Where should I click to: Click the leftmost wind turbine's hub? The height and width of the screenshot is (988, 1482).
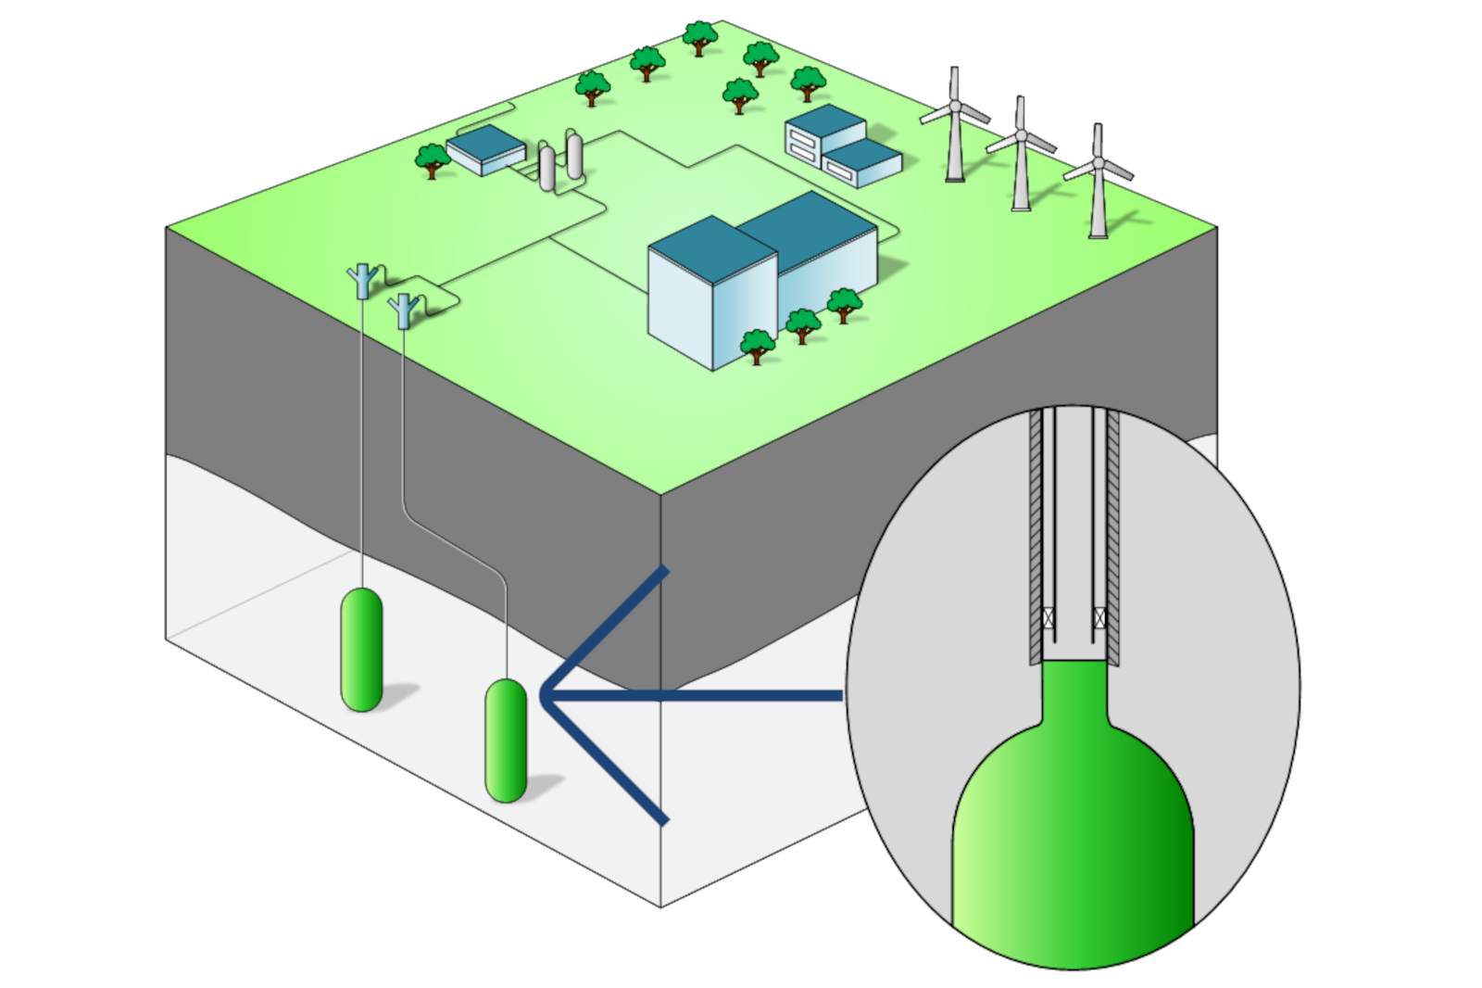[952, 110]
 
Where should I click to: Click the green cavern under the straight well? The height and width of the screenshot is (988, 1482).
[362, 649]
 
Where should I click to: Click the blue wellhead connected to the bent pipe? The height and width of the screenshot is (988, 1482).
[404, 310]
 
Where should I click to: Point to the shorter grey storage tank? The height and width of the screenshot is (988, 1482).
[547, 167]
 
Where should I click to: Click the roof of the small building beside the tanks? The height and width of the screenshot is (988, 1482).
[485, 143]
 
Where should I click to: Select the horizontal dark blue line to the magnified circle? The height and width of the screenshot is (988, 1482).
[695, 693]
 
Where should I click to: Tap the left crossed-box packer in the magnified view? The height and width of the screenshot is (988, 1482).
[1050, 615]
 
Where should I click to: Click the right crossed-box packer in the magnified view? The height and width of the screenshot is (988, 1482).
[1100, 615]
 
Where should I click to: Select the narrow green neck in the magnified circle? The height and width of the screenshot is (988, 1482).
[1075, 690]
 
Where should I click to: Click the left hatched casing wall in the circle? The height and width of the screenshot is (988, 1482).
[1036, 538]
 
